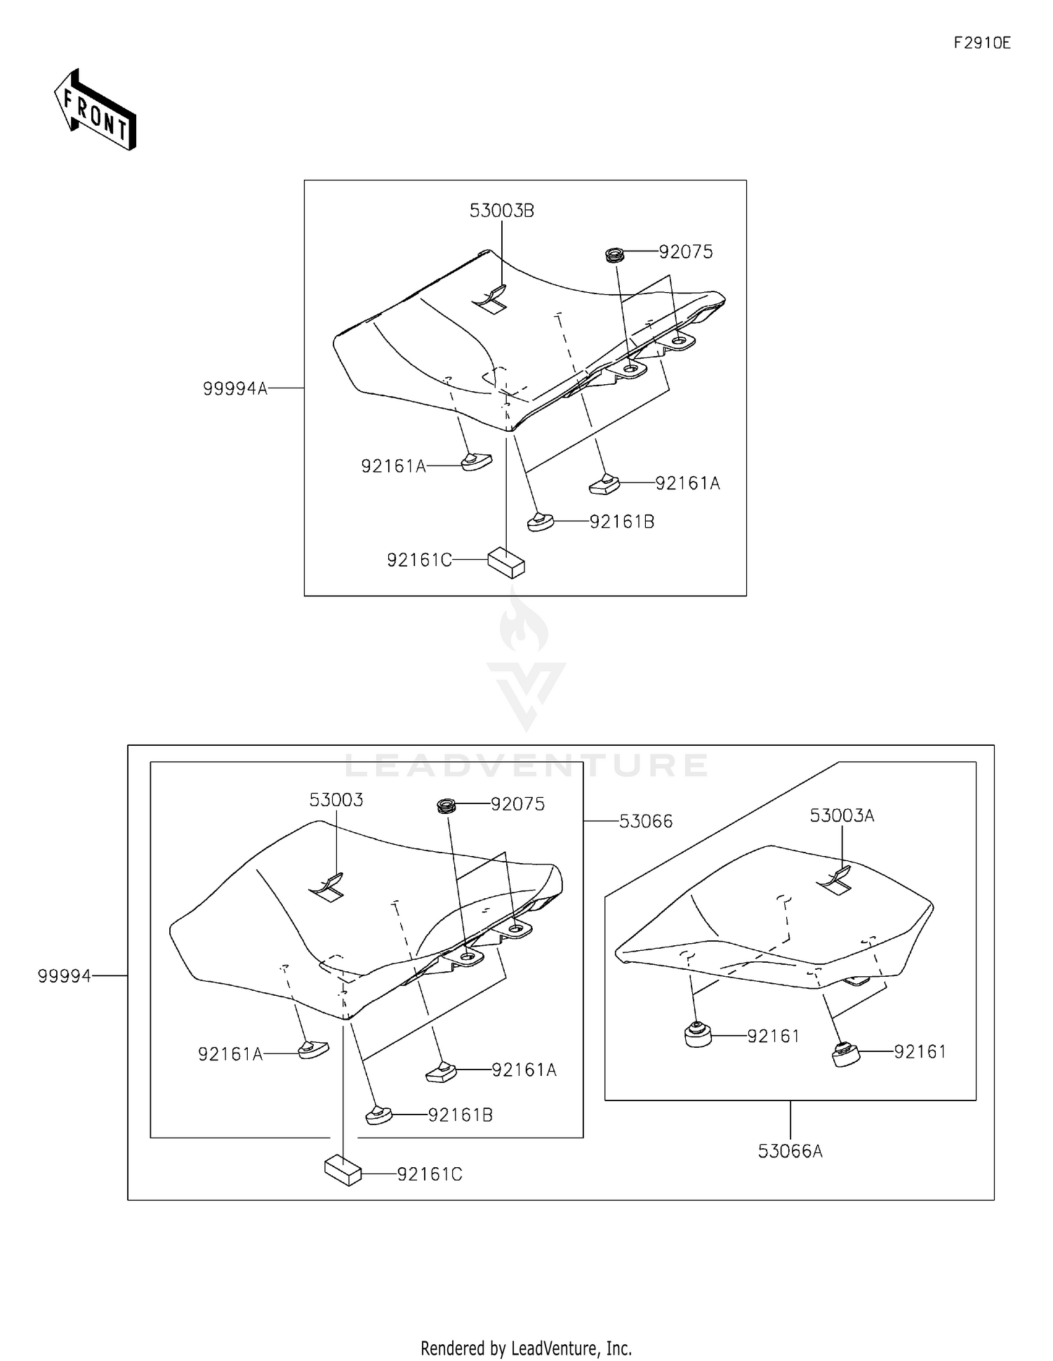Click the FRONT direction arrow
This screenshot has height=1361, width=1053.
tap(95, 110)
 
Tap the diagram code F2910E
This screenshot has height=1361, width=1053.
tap(981, 43)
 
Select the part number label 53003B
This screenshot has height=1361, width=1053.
tap(501, 211)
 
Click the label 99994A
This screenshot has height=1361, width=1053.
tap(235, 388)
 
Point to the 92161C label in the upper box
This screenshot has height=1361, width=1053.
tap(419, 560)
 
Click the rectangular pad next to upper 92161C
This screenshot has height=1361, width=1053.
tap(506, 562)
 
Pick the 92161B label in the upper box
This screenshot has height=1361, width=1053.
tap(621, 522)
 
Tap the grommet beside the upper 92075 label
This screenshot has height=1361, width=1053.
tap(615, 254)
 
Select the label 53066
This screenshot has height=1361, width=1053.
tap(646, 821)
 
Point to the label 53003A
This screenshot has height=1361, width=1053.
tap(842, 815)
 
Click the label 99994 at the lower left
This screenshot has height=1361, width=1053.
tap(65, 976)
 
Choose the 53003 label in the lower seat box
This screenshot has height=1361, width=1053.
tap(336, 800)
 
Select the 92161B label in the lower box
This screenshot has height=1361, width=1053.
tap(461, 1115)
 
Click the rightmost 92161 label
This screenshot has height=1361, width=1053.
tap(920, 1051)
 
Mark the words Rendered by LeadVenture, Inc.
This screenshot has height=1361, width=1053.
tap(526, 1348)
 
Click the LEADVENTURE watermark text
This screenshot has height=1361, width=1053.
tap(526, 765)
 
